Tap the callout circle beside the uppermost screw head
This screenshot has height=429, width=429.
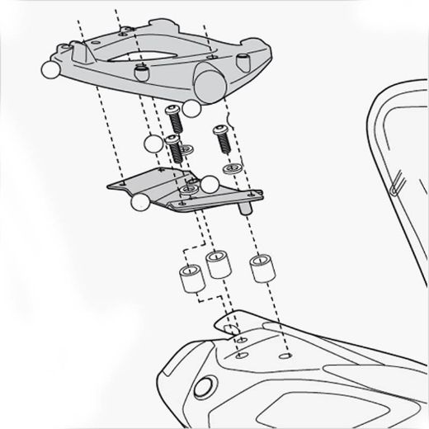click(192, 107)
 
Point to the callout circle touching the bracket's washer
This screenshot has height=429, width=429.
click(209, 182)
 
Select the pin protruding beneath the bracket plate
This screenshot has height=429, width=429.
click(245, 209)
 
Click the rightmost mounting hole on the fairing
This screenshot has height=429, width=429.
click(285, 357)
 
